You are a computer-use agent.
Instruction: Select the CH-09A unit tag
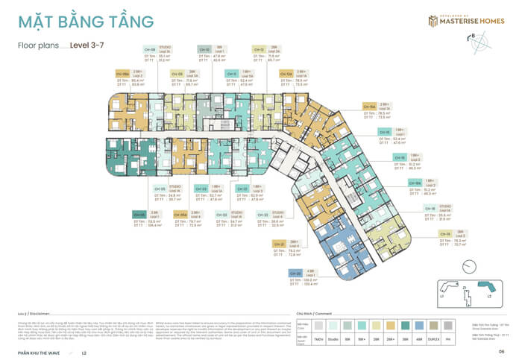pyautogui.click(x=122, y=74)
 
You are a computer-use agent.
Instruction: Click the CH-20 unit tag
pyautogui.click(x=274, y=274)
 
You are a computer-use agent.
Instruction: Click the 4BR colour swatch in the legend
pyautogui.click(x=418, y=326)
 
